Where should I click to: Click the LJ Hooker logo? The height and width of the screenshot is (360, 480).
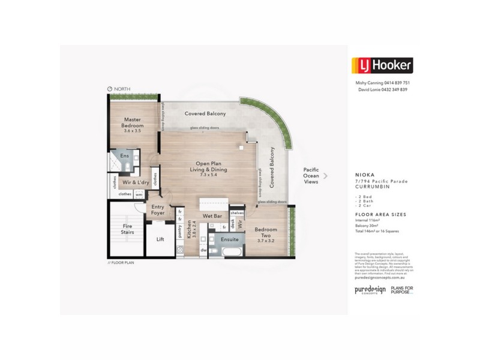(x=382, y=65)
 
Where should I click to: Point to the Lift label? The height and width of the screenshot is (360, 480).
(x=160, y=239)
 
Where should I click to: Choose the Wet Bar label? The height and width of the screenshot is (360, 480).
(x=213, y=215)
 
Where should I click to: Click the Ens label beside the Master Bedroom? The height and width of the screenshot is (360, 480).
(x=125, y=155)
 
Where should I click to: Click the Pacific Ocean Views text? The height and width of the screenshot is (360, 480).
(x=311, y=176)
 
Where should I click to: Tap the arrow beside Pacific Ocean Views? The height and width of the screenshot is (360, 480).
(x=326, y=176)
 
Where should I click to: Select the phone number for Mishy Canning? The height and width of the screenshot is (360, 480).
(x=396, y=82)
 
